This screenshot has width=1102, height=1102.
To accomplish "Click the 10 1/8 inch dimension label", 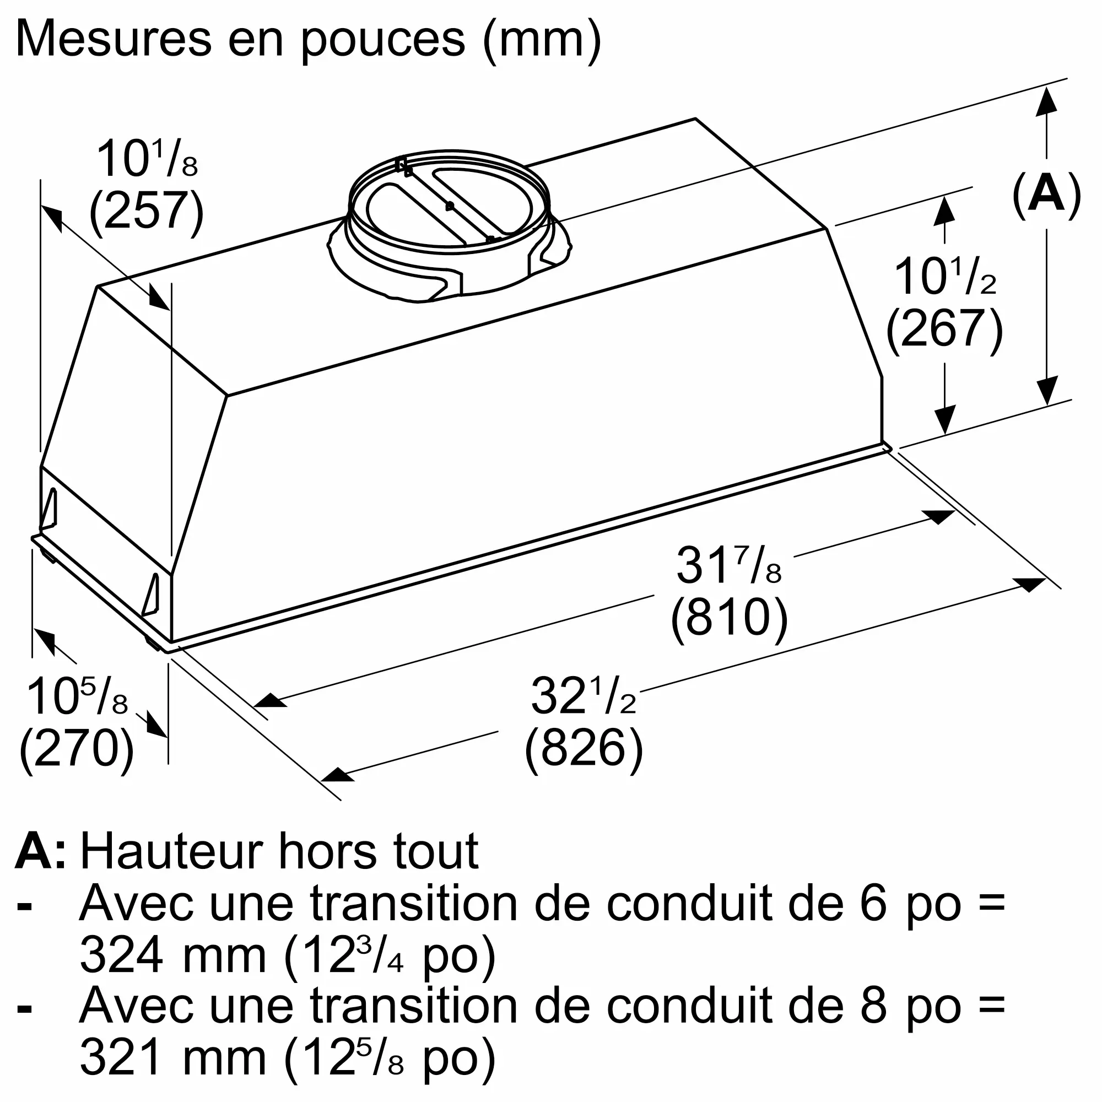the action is point(147,160).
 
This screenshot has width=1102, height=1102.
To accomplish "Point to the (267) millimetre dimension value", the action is point(944,327).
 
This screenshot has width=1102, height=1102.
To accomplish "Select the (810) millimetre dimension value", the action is point(729,617).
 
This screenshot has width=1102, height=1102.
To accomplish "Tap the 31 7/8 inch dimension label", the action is point(728,566).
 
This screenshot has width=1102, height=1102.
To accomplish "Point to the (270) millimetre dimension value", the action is point(77,748).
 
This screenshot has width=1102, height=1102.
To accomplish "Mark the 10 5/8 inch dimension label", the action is point(77,697).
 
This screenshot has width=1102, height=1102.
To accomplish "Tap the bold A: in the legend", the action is point(40,852).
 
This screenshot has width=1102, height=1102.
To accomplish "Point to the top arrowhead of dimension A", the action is point(1046,102).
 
